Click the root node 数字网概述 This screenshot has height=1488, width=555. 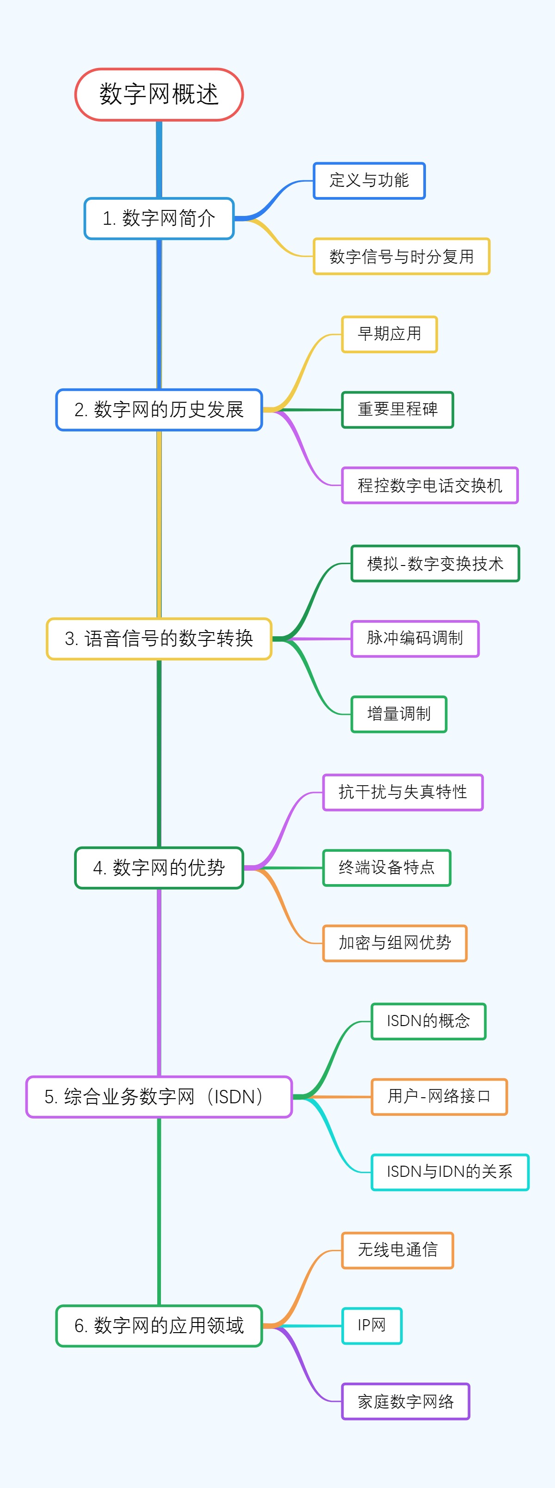(x=159, y=95)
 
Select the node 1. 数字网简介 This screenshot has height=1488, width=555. (x=159, y=218)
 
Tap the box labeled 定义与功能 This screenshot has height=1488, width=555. (x=369, y=181)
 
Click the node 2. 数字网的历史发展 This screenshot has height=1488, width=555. (x=159, y=410)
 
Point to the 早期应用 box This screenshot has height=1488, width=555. (x=389, y=334)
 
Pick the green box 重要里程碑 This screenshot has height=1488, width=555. (x=397, y=410)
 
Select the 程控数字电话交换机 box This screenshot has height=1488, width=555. (x=430, y=485)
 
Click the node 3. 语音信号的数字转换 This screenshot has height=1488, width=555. (x=159, y=638)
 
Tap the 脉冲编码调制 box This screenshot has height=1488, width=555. (x=415, y=638)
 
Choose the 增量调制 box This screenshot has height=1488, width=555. (x=399, y=714)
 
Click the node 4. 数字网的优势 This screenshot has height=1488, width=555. (x=159, y=867)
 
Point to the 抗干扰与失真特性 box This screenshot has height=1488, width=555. (x=402, y=792)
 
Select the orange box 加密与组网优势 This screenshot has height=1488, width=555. (x=395, y=943)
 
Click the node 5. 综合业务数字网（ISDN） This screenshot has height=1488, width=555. (x=159, y=1096)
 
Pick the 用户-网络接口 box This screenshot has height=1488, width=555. (x=439, y=1096)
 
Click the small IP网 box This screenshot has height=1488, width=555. (x=371, y=1325)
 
